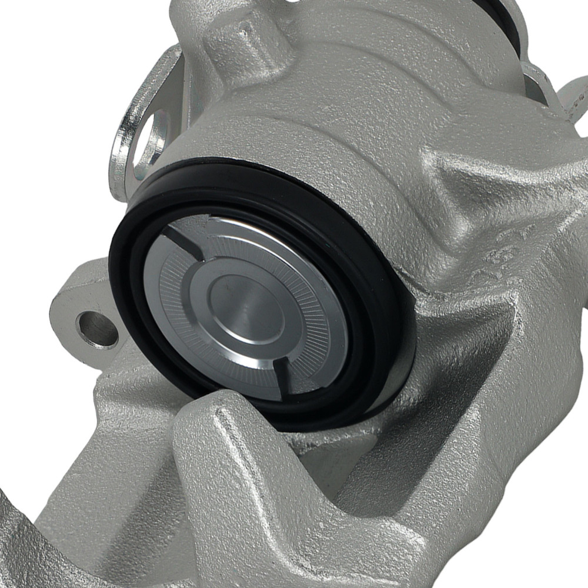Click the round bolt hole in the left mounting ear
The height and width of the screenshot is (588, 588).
97,329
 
